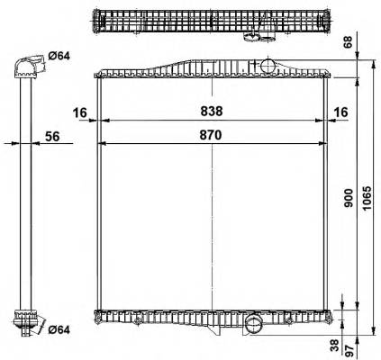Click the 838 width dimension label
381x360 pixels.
[x=212, y=112]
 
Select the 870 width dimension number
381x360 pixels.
[x=211, y=135]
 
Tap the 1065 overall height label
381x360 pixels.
[x=367, y=198]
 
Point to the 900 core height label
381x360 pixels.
[x=349, y=198]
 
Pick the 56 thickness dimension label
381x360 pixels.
[x=52, y=137]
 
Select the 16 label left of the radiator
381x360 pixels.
[x=80, y=112]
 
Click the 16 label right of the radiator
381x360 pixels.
[x=340, y=112]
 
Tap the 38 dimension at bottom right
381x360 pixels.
[x=335, y=346]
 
